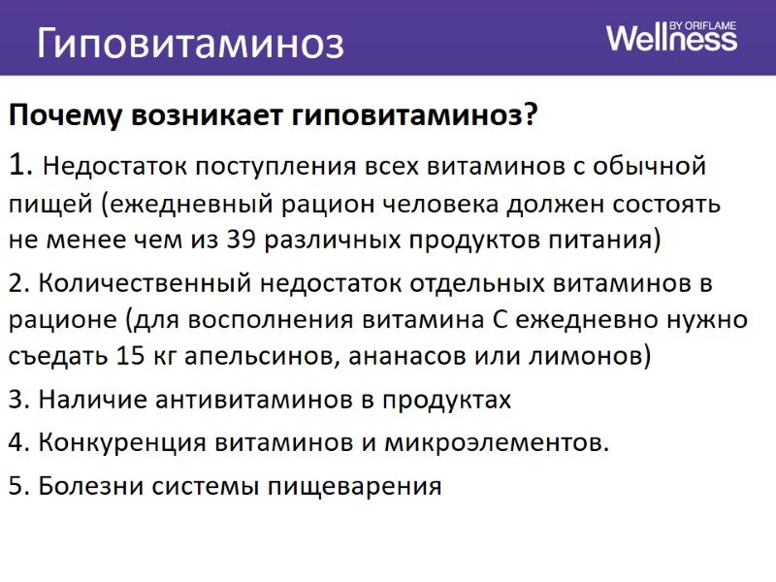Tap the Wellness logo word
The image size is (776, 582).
pyautogui.click(x=671, y=39)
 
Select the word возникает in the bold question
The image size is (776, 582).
pyautogui.click(x=208, y=115)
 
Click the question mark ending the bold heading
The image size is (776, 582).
pyautogui.click(x=530, y=115)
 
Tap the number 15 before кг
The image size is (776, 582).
pyautogui.click(x=130, y=355)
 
